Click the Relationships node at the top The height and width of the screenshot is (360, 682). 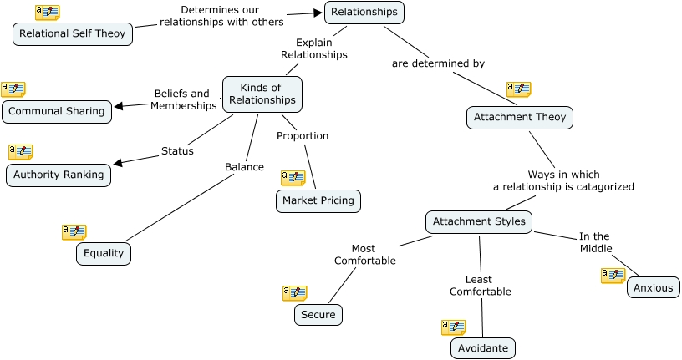click(364, 12)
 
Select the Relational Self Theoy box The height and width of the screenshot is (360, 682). click(73, 34)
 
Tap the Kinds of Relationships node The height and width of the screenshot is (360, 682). click(262, 94)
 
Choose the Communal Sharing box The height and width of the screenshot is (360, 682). click(57, 111)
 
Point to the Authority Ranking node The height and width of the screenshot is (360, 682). click(59, 175)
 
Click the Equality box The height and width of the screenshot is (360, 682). click(104, 254)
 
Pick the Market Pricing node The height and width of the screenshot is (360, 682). click(318, 200)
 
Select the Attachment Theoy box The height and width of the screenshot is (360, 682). click(520, 118)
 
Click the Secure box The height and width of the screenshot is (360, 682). click(318, 315)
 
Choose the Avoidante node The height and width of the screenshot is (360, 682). click(483, 348)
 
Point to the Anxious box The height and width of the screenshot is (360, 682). click(654, 288)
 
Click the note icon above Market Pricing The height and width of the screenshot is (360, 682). click(293, 178)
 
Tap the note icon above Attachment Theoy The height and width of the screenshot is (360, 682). click(518, 89)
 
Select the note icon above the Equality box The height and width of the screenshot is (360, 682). click(74, 231)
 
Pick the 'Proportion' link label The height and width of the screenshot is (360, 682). click(303, 136)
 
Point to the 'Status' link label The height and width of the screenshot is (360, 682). click(177, 151)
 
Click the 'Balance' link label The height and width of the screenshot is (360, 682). click(244, 167)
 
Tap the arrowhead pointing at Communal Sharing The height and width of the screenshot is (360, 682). click(119, 106)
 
